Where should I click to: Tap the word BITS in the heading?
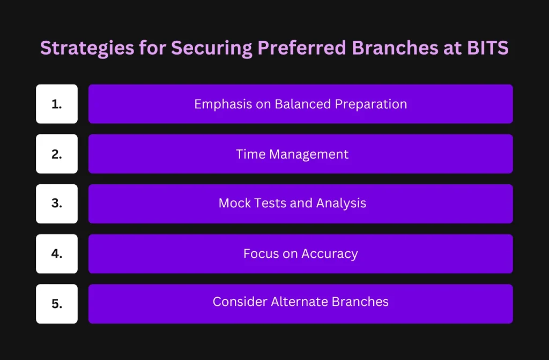(x=488, y=48)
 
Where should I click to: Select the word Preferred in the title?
(x=302, y=48)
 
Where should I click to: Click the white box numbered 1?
(x=57, y=104)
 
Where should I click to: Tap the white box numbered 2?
(x=57, y=154)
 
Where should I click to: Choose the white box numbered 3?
(x=57, y=204)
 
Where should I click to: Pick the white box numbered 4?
(x=57, y=254)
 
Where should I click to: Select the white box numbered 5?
(x=57, y=304)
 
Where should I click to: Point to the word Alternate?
(x=300, y=302)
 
